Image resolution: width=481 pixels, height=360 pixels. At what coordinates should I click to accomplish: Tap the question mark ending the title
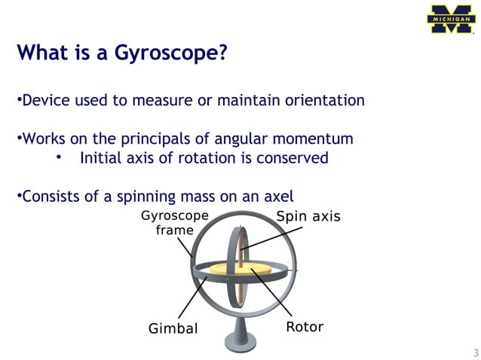(222, 53)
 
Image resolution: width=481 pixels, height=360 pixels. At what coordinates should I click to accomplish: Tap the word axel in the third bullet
(277, 197)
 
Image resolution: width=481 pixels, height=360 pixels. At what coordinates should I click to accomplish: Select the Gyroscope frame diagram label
(174, 223)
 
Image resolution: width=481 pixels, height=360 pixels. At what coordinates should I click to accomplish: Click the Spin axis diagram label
(308, 217)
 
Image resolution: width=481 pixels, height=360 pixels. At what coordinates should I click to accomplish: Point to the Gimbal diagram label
(173, 328)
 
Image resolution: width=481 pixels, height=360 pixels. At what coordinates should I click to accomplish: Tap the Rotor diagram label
(305, 327)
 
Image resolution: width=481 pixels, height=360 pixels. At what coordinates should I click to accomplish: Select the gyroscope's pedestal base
(240, 343)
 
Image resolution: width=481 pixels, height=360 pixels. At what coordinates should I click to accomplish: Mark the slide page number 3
(475, 352)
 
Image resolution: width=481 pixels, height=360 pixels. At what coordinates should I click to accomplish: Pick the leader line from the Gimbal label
(192, 298)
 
